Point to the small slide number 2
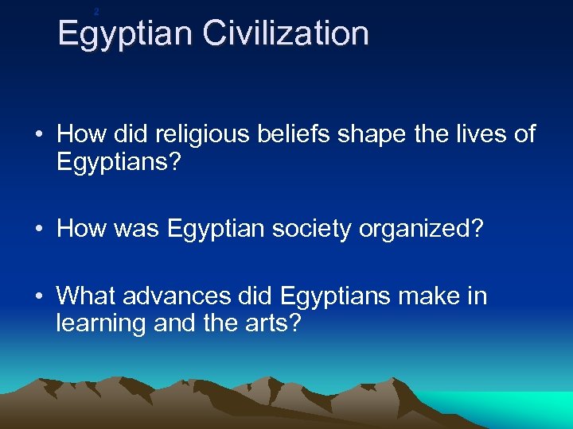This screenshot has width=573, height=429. coord(96,11)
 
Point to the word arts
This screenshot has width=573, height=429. coord(271,323)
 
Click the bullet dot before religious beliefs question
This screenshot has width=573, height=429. coord(39,133)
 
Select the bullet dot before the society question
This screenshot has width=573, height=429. coord(39,229)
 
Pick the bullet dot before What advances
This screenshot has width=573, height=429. coord(39,296)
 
